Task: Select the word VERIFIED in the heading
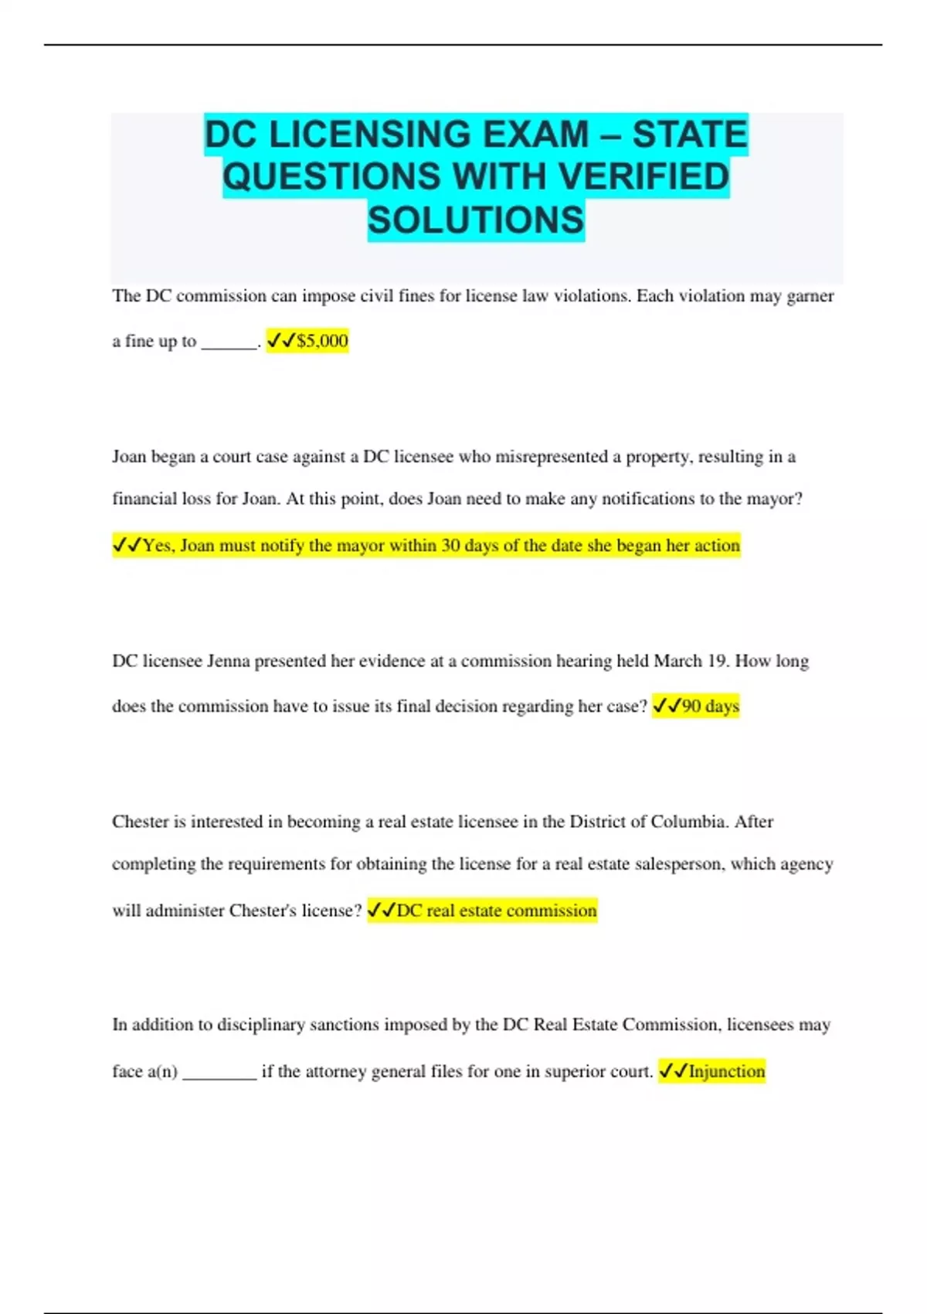coord(643,177)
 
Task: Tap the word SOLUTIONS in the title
coord(476,220)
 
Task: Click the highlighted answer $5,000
coord(322,341)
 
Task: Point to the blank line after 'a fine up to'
coord(229,343)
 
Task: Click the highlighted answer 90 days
coord(711,706)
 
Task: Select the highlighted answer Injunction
coord(726,1071)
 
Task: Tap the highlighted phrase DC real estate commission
coord(496,911)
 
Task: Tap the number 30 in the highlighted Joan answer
coord(450,546)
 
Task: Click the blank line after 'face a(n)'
coord(219,1073)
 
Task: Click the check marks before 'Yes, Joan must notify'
coord(127,546)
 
